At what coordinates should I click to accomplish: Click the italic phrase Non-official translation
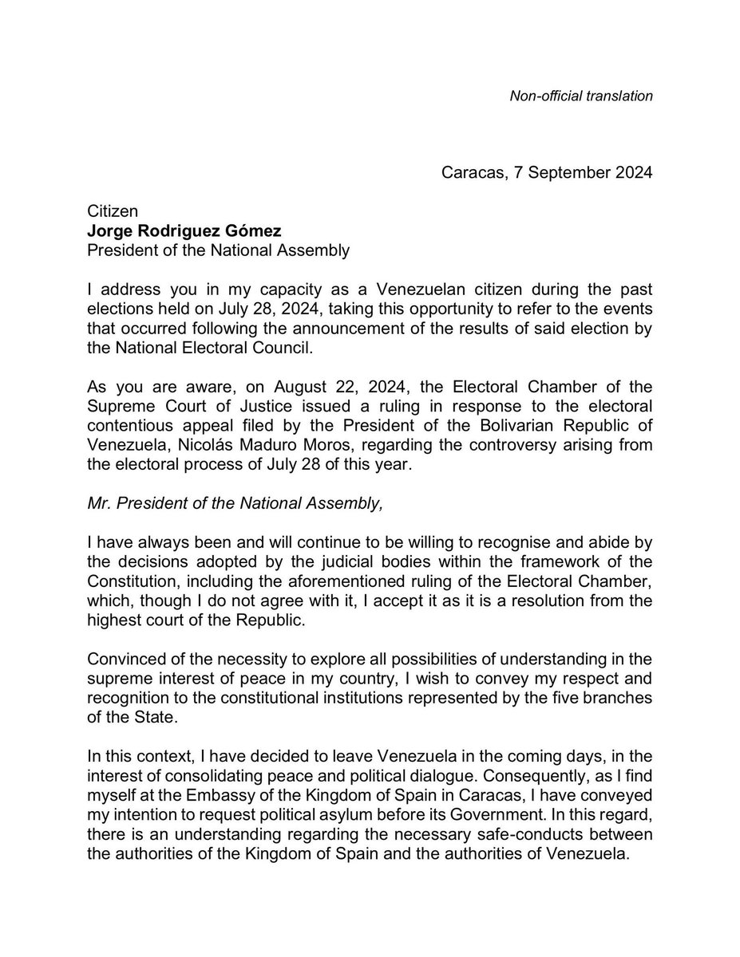coord(581,96)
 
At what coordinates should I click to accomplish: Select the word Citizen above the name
coord(113,211)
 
